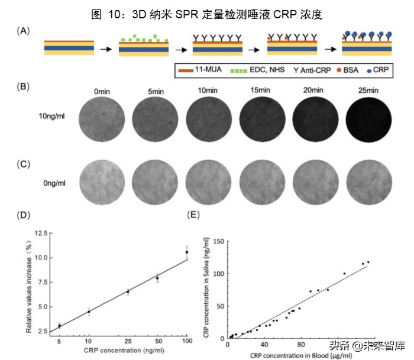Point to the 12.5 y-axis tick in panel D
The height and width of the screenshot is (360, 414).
(41, 233)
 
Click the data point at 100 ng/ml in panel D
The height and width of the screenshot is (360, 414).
(187, 252)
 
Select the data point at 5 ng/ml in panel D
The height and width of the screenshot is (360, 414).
(59, 326)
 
